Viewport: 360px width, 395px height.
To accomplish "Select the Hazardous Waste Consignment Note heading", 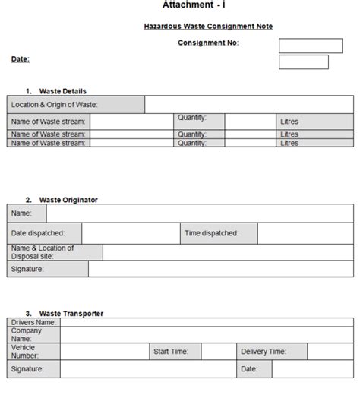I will coord(208,27).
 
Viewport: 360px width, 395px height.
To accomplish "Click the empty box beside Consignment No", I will coord(310,46).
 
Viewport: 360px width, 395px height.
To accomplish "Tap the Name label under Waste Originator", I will coord(22,213).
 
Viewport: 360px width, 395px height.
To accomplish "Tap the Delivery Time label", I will coord(263,351).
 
